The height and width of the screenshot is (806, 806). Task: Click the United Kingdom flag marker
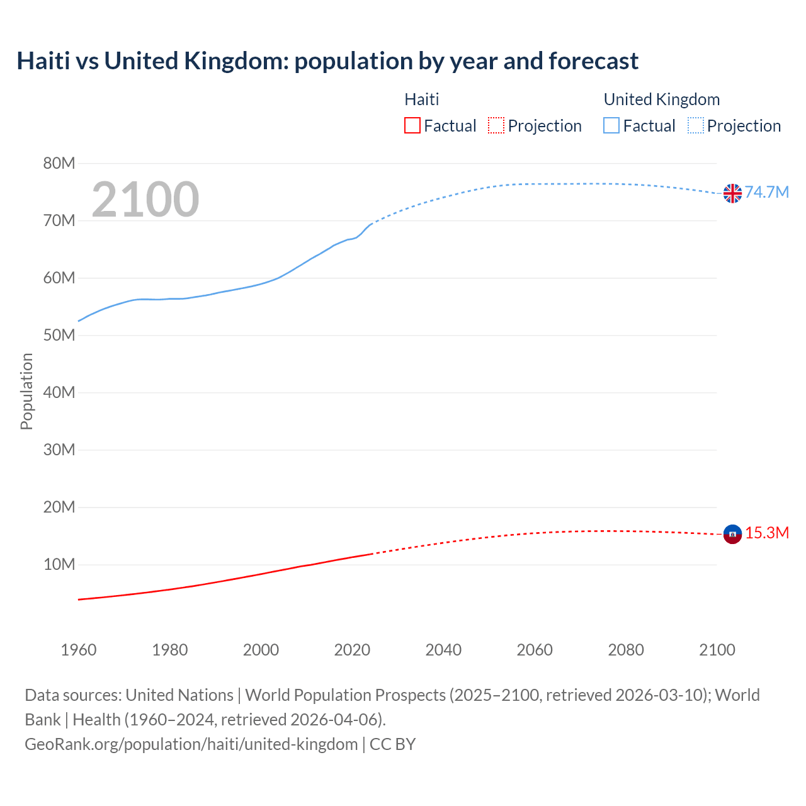(x=732, y=193)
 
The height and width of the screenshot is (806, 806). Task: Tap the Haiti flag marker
(x=732, y=534)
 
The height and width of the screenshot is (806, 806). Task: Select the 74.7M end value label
(x=767, y=193)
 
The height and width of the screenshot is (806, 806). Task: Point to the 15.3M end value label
(x=767, y=533)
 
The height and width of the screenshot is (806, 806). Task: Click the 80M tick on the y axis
(x=59, y=164)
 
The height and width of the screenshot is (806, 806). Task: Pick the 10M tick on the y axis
(x=59, y=565)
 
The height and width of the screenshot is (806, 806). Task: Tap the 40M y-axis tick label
(x=59, y=393)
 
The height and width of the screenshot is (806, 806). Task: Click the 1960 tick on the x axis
(x=79, y=650)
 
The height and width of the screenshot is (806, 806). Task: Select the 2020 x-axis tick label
(x=352, y=650)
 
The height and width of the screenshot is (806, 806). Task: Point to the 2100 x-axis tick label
(x=717, y=650)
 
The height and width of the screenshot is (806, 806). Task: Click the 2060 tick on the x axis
(x=535, y=650)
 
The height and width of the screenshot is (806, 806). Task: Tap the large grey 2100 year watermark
(x=145, y=200)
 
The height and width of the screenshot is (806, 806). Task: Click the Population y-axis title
(x=26, y=391)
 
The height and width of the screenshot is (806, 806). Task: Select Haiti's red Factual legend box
(x=412, y=126)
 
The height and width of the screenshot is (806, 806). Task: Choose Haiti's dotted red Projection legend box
(x=496, y=126)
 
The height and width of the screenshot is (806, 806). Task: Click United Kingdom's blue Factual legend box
(x=611, y=126)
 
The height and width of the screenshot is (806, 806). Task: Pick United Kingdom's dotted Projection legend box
(x=695, y=126)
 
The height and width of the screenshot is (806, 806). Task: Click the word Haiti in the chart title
(x=40, y=61)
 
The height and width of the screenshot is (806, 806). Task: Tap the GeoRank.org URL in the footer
(x=191, y=744)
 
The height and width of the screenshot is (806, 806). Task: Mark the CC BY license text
(x=392, y=744)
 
